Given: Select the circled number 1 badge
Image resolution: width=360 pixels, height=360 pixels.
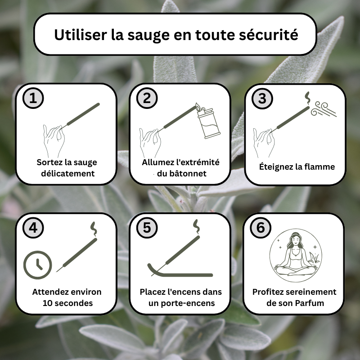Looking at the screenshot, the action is click(33, 98).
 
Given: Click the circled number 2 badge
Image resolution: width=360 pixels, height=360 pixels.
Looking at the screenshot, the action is click(147, 98).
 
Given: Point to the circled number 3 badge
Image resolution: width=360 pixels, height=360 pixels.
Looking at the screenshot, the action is click(262, 99).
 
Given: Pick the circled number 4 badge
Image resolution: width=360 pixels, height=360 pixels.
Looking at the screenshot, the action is click(33, 228).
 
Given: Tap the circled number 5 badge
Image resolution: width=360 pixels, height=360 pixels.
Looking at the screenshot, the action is click(147, 228).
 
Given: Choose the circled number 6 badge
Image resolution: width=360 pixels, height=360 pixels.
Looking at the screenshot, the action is click(261, 228).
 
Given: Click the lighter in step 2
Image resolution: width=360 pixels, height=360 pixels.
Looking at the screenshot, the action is click(208, 121).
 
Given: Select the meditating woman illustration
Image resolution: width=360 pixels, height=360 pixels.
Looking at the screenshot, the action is click(296, 255).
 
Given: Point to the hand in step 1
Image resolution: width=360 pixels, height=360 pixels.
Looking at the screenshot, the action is click(54, 140).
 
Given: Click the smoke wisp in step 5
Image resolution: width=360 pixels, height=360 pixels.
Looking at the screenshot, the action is click(197, 227).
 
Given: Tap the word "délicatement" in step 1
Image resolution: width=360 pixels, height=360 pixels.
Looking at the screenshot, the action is click(68, 173).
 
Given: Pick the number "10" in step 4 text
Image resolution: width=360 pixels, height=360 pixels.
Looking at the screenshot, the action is click(48, 303).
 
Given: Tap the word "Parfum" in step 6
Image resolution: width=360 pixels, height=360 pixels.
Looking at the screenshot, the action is click(310, 303).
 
